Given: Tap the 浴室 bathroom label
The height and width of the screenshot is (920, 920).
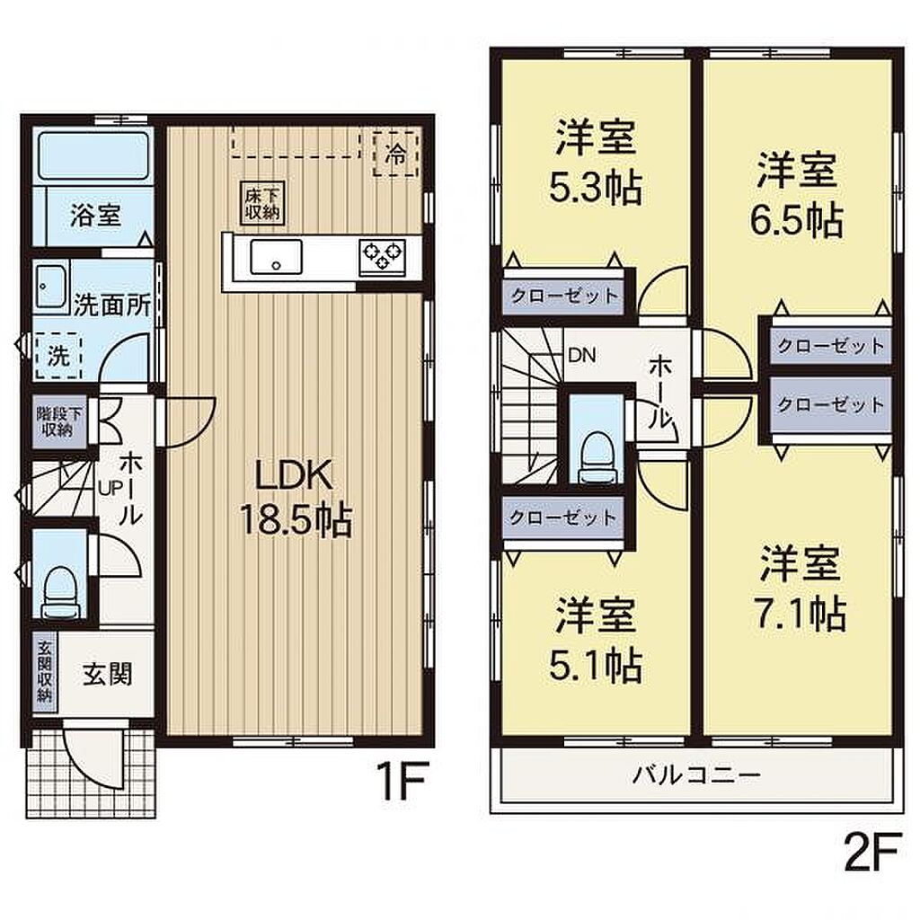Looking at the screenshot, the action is click(95, 216).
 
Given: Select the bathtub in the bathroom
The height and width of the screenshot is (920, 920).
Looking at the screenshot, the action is click(93, 155).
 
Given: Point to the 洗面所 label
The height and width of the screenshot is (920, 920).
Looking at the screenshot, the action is click(112, 305).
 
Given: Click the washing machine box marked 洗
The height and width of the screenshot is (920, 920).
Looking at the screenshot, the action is click(57, 356).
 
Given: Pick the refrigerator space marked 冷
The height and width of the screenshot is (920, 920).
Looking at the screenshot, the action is click(396, 155).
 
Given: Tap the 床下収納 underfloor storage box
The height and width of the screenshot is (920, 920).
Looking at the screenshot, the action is click(262, 203).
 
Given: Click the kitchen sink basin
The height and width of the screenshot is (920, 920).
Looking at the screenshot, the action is click(277, 256).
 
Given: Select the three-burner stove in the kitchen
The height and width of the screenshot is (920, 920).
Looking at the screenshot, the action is click(383, 257).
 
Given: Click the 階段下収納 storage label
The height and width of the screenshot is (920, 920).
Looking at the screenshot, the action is click(59, 421).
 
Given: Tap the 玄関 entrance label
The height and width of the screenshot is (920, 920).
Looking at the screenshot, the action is click(107, 674).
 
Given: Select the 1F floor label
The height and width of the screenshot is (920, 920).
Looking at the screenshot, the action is click(403, 781).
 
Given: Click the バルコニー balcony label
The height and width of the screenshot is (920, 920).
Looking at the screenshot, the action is click(696, 775).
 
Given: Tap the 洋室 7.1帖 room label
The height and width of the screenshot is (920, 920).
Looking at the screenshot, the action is click(801, 588).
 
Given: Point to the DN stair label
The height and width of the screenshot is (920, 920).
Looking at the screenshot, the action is click(582, 355).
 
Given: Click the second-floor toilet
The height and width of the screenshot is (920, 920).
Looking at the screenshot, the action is click(597, 457).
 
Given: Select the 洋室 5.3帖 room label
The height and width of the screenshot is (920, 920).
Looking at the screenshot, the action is click(596, 162).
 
